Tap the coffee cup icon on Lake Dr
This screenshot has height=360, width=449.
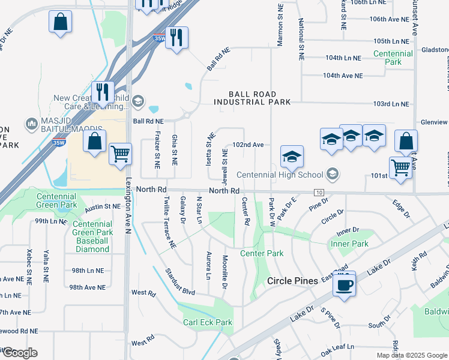[x=344, y=284]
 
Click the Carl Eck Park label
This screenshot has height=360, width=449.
[x=208, y=322]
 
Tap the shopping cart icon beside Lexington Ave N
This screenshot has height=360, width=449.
[x=121, y=154]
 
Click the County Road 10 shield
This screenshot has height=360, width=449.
[x=318, y=191]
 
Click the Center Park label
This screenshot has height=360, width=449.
[x=262, y=253]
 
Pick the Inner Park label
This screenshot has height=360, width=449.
[x=349, y=244]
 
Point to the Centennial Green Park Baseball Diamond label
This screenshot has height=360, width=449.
[x=92, y=236]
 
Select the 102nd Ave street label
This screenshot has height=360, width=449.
[x=248, y=145]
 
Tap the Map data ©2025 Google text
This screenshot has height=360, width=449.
[x=411, y=355]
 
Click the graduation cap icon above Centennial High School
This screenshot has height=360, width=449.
[x=292, y=157]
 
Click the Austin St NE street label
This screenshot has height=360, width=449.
[x=103, y=207]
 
